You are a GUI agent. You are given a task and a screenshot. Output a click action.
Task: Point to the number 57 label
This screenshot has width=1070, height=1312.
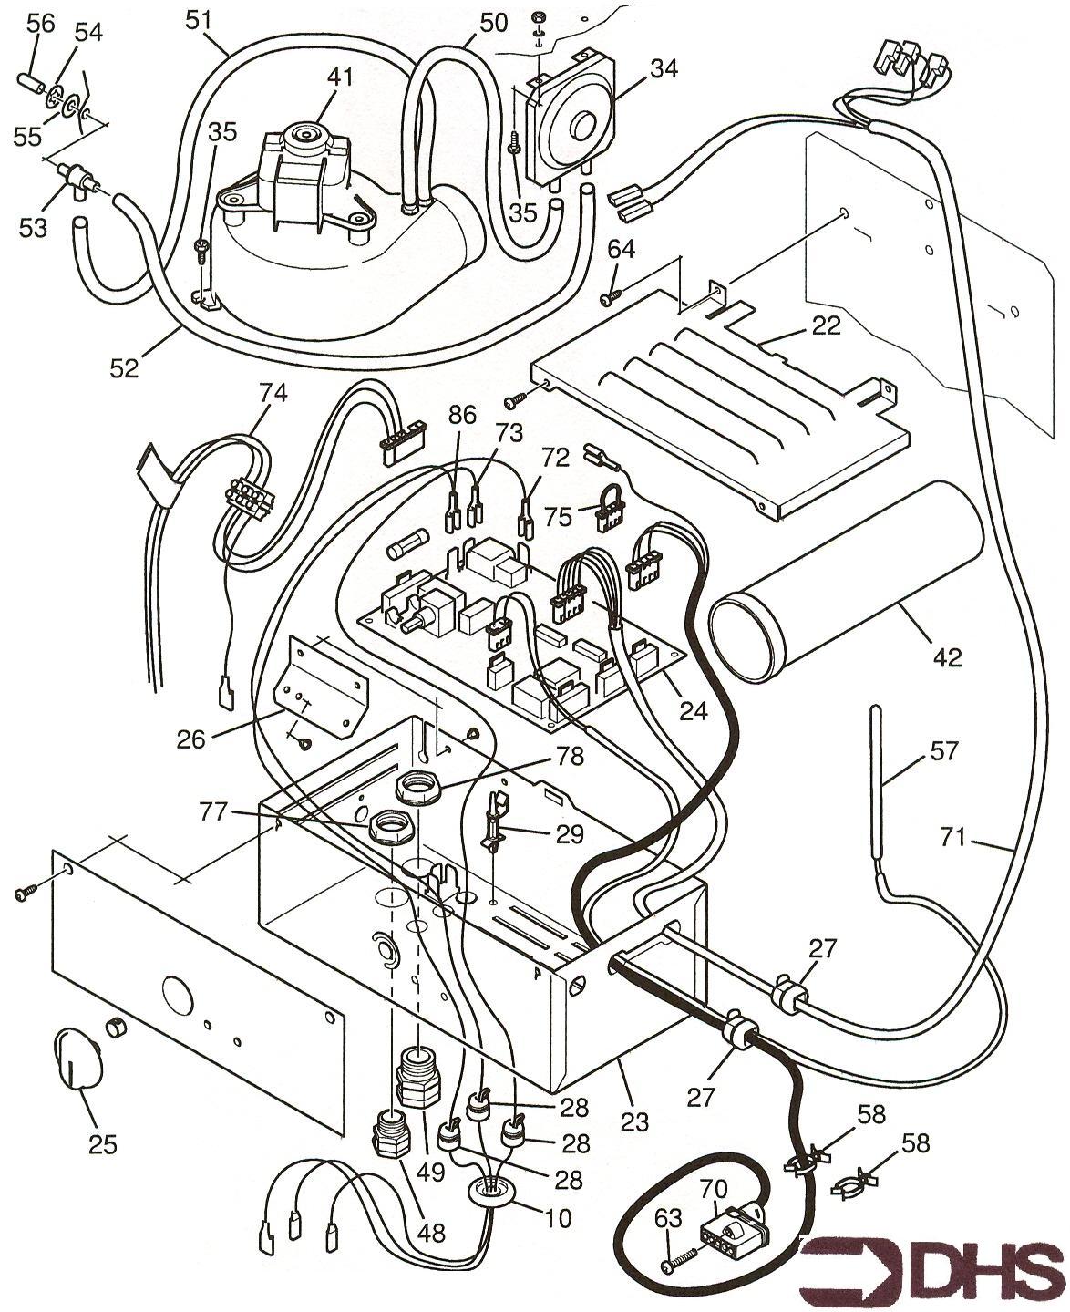(945, 751)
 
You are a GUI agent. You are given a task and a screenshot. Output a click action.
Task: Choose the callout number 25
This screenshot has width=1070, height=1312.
(102, 1144)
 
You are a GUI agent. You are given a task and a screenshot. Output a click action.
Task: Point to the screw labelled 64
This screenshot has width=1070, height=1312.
(608, 298)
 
